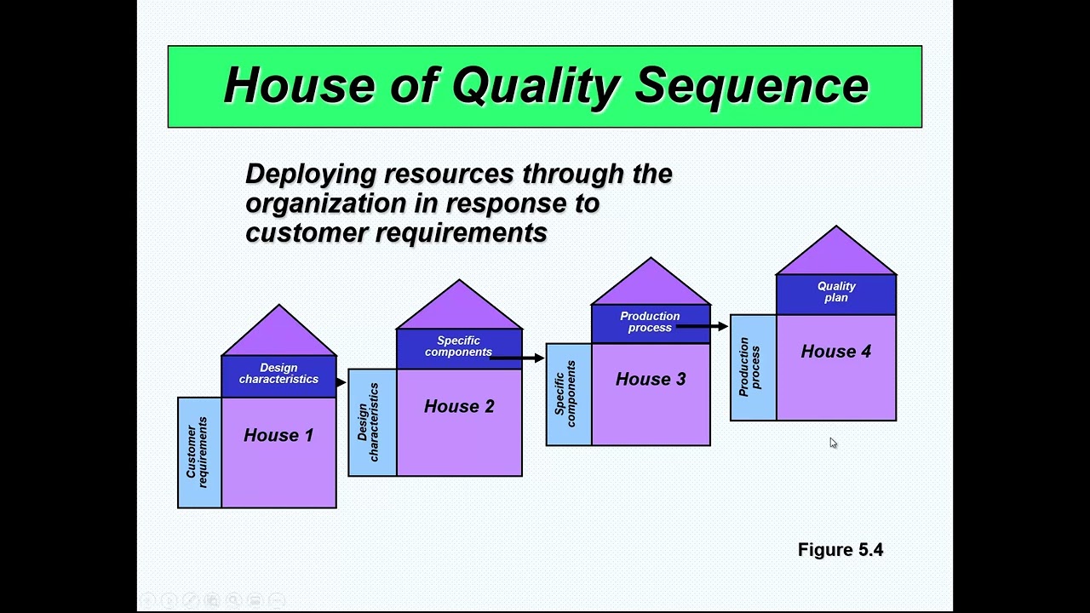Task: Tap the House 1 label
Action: tap(278, 435)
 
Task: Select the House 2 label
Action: tap(459, 407)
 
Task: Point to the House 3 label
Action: tap(651, 380)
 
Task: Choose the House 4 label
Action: tap(835, 352)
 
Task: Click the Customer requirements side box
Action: tap(198, 452)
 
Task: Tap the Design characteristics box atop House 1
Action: tap(278, 375)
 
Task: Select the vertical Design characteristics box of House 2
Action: tap(371, 422)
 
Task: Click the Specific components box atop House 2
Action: tap(458, 347)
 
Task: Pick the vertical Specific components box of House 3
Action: tap(568, 394)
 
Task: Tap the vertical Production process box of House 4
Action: tap(753, 367)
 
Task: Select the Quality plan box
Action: tap(835, 293)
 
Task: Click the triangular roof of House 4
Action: tap(835, 255)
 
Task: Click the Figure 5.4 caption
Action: tap(840, 550)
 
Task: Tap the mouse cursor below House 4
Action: tap(833, 443)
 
